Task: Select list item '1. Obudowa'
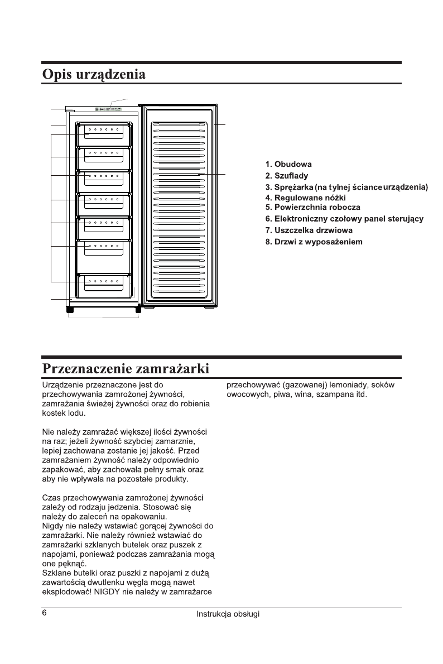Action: point(288,165)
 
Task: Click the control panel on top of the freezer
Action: point(109,109)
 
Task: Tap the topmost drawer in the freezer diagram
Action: point(104,134)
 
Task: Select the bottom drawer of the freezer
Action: point(104,285)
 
